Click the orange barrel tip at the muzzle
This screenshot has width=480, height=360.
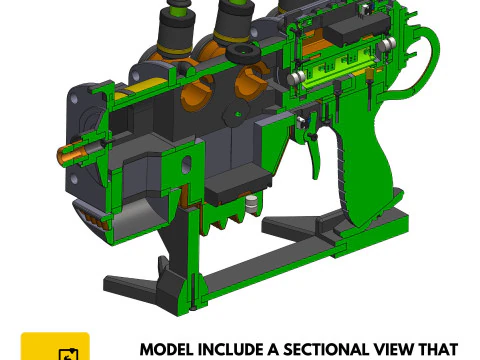coord(72,155)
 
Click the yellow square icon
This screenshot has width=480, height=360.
coord(55,347)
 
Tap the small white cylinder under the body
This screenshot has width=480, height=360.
coord(252,204)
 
